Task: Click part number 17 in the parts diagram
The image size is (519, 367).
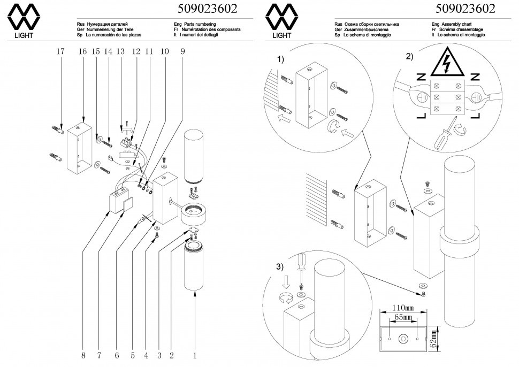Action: (x=60, y=51)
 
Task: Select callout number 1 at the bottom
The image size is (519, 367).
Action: (x=195, y=354)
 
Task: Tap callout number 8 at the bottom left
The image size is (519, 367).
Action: (x=83, y=354)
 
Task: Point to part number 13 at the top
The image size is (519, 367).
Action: (x=120, y=51)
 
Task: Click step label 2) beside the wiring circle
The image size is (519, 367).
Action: (x=409, y=56)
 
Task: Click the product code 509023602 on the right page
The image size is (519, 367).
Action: (x=465, y=9)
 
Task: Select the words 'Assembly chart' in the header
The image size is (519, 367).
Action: (x=459, y=24)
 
